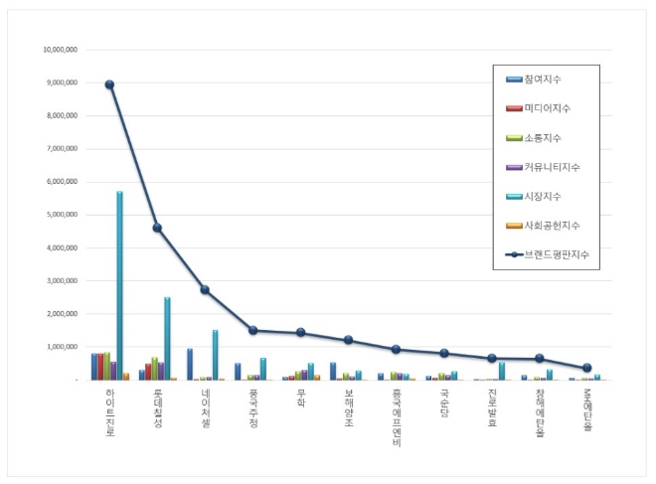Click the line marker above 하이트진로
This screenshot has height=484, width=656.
click(x=109, y=84)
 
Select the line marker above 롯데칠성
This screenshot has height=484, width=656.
click(x=157, y=228)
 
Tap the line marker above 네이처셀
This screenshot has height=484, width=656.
click(x=205, y=290)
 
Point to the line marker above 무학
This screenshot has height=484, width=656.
click(x=300, y=333)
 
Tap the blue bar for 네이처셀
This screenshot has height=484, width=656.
click(x=190, y=364)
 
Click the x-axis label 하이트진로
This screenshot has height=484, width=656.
click(x=109, y=413)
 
